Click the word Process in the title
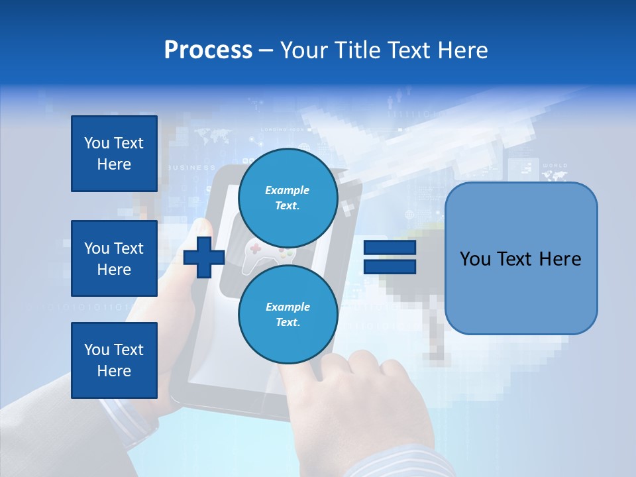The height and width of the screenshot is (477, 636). tap(208, 50)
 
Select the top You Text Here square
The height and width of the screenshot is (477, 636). tap(114, 154)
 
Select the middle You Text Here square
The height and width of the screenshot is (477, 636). tap(114, 258)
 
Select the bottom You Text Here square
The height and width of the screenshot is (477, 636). tap(114, 360)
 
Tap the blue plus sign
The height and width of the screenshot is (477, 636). tap(204, 257)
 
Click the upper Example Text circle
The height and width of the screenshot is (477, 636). tap(288, 197)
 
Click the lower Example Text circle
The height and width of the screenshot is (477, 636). tap(288, 314)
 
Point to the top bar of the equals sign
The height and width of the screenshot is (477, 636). tap(390, 248)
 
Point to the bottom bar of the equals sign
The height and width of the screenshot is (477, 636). tap(390, 266)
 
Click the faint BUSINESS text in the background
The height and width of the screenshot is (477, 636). tap(193, 168)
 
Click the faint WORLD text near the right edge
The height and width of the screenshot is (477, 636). tap(555, 166)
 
